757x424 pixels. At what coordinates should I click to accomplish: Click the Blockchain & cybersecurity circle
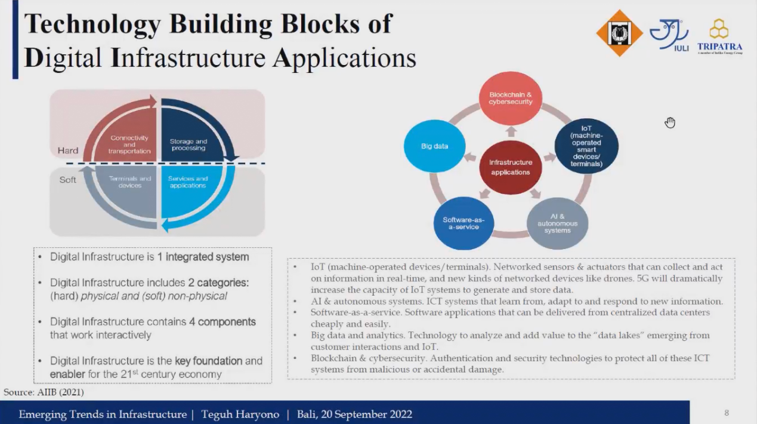pos(511,99)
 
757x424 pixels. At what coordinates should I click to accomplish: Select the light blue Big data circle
pos(434,146)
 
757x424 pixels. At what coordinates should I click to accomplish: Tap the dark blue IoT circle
pos(586,146)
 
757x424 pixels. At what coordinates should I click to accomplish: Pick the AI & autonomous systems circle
pos(557,223)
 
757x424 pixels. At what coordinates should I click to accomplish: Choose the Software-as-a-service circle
pos(464,223)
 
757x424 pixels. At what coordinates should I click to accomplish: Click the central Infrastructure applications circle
pos(511,167)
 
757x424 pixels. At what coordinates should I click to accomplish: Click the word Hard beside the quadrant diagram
pos(68,150)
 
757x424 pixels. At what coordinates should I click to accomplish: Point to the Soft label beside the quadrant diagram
pos(67,180)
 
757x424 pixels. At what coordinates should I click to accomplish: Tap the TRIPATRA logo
pos(719,37)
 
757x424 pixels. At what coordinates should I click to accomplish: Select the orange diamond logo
pos(619,33)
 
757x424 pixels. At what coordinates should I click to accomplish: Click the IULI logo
pos(669,35)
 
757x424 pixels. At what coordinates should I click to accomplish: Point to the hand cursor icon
pos(670,122)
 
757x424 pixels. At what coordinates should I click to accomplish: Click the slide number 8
pos(726,413)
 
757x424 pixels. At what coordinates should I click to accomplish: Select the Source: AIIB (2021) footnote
pos(44,392)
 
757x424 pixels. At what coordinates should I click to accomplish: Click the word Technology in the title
pos(92,24)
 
